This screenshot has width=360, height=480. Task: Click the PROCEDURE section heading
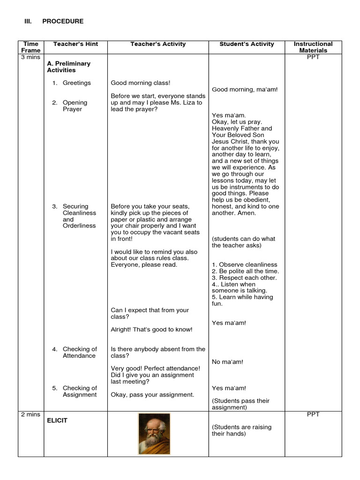(62, 21)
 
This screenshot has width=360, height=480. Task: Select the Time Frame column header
(30, 47)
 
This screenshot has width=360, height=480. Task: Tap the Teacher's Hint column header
(75, 44)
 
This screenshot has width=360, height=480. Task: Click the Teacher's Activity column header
(158, 44)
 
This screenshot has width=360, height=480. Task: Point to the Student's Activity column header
(247, 44)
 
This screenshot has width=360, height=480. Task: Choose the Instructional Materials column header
(313, 47)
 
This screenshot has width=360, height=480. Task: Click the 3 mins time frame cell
(30, 57)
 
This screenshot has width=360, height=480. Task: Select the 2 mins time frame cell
(30, 414)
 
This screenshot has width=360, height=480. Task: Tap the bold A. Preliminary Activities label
(68, 67)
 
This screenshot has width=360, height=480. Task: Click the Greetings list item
(77, 83)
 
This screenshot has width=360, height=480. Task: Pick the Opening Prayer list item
(75, 106)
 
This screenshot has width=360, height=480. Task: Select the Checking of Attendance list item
(80, 352)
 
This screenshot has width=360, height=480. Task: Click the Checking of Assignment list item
(80, 391)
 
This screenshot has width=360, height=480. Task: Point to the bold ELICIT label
(57, 420)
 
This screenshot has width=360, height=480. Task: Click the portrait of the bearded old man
(154, 434)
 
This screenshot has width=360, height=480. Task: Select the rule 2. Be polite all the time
(245, 271)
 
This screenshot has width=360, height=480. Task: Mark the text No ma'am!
(227, 362)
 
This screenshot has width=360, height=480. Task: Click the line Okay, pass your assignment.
(152, 395)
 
